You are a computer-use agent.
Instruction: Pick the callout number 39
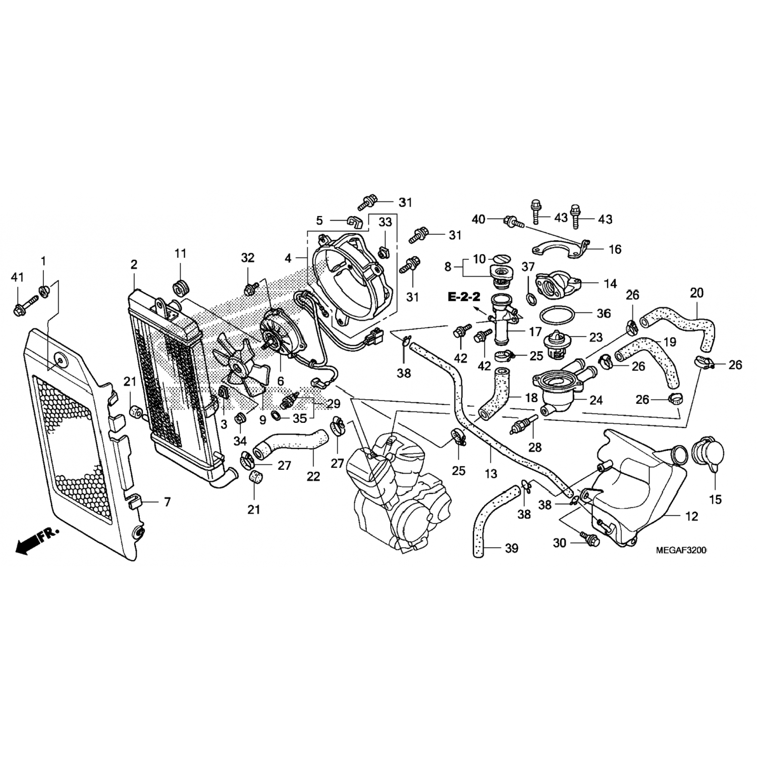(x=511, y=548)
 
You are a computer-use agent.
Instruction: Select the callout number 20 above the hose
(x=696, y=293)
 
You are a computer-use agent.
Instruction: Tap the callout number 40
(x=478, y=219)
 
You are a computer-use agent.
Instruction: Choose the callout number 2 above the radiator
(x=134, y=264)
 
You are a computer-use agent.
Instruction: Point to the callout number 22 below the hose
(x=313, y=475)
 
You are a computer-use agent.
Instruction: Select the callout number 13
(x=491, y=473)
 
